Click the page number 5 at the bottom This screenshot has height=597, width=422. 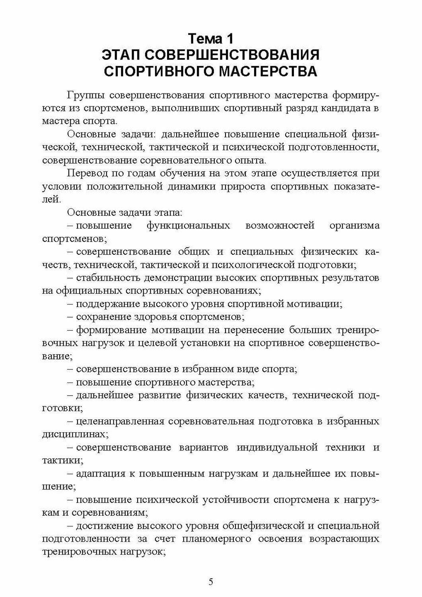tap(211, 581)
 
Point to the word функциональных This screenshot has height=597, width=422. tap(188, 226)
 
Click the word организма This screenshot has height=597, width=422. tap(354, 226)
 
